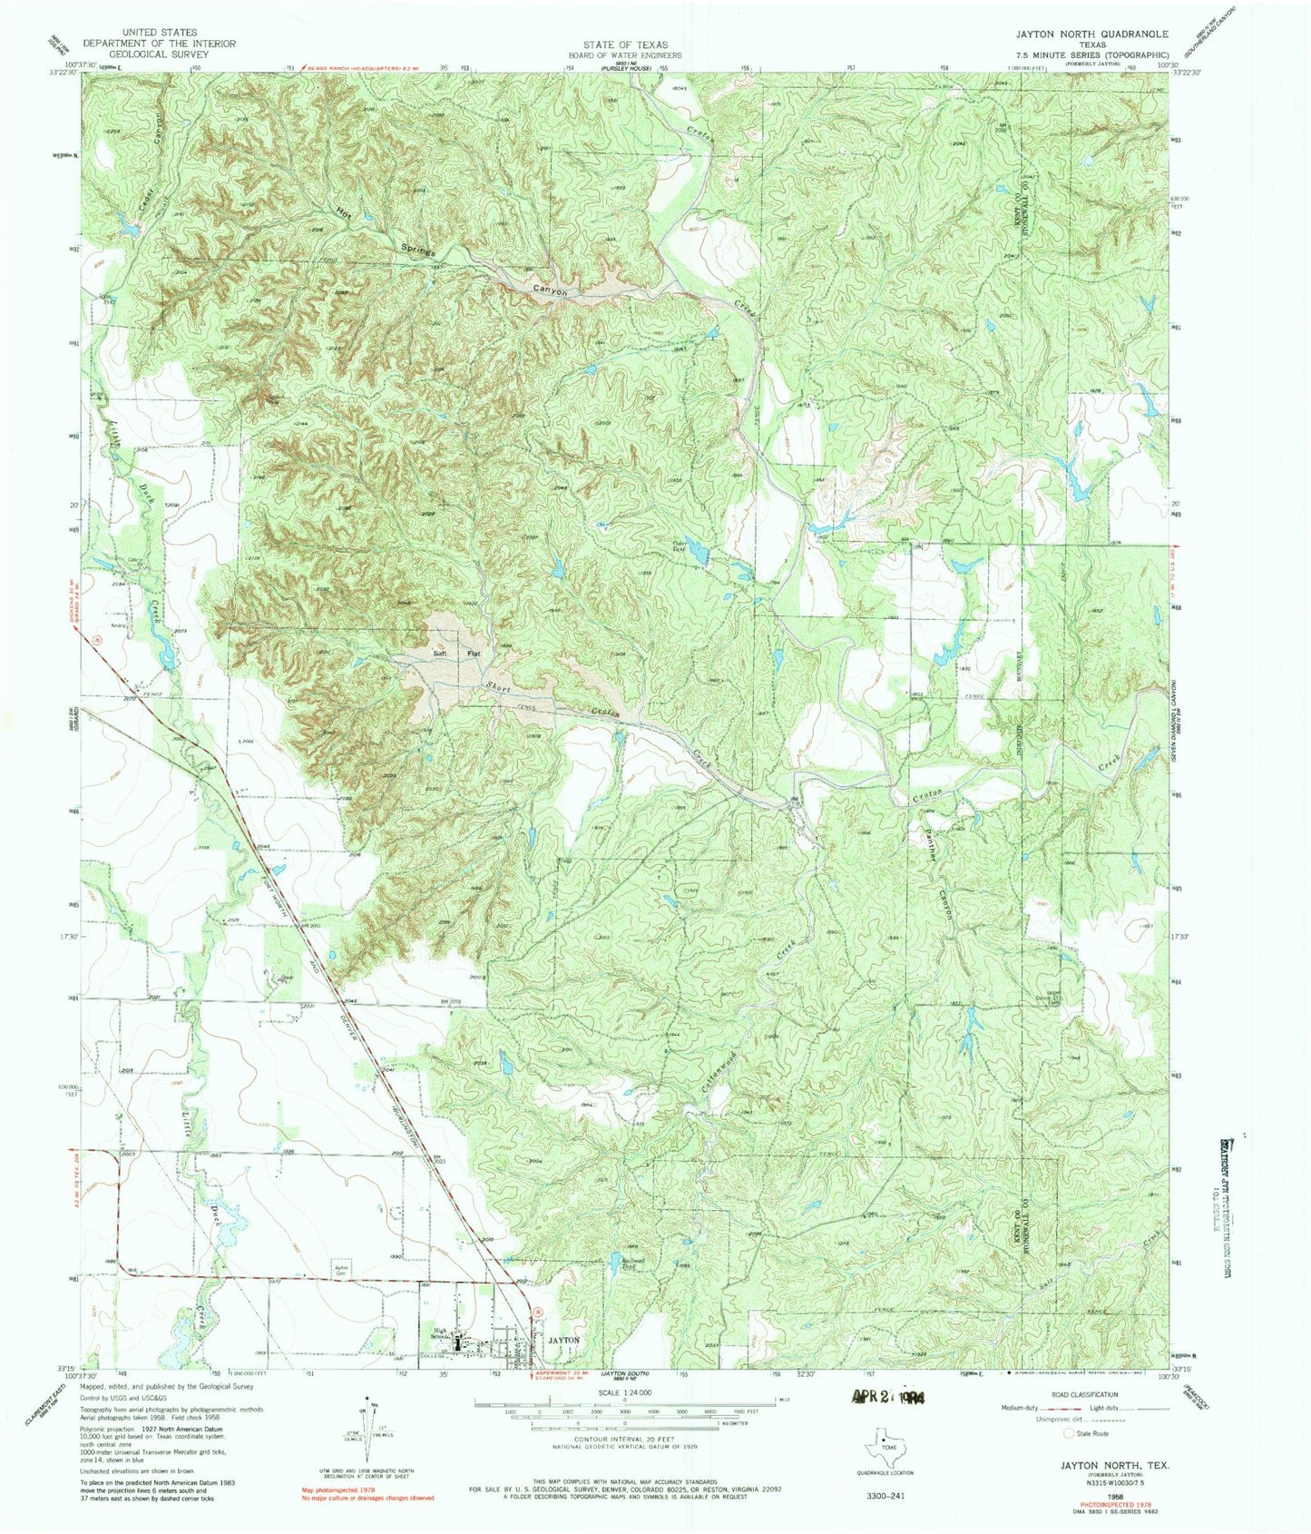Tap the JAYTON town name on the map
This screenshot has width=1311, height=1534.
(x=563, y=1340)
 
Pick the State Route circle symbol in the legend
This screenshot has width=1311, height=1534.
(x=1068, y=1433)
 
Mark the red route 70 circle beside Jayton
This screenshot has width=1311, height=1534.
(x=537, y=1311)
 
